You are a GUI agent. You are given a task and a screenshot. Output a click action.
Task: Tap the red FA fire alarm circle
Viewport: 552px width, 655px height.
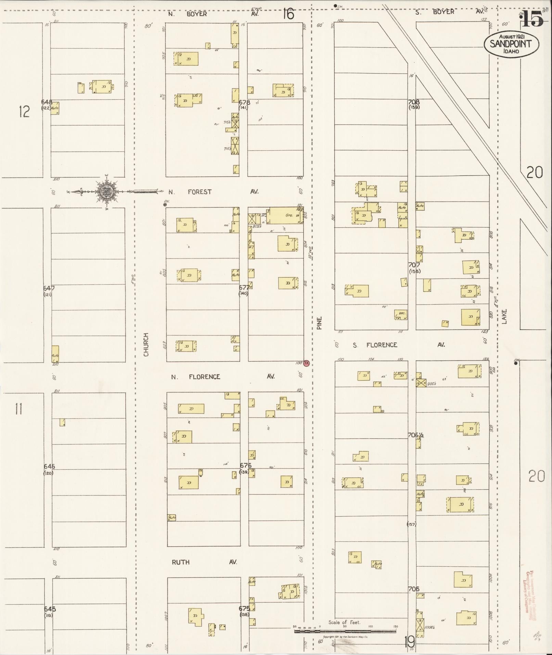click(306, 363)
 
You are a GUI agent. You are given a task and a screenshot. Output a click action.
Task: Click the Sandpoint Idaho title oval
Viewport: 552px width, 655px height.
click(511, 44)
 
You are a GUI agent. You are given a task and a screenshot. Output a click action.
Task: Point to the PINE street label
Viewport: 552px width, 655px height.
click(319, 323)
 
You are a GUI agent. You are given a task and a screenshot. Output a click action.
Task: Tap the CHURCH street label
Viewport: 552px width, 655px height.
click(146, 344)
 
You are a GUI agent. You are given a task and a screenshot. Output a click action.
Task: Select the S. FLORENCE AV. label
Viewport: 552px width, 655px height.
click(399, 345)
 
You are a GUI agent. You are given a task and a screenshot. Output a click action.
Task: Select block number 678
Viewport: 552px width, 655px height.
click(244, 102)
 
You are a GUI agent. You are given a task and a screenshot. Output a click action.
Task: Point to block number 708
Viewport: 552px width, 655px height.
click(414, 102)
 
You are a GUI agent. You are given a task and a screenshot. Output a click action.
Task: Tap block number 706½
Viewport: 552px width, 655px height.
click(416, 435)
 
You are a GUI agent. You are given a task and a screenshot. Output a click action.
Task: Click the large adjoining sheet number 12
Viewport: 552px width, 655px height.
click(24, 112)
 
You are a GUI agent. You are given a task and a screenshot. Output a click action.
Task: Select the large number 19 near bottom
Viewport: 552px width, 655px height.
click(409, 642)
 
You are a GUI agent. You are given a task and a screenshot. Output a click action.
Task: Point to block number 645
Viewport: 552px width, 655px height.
click(50, 609)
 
